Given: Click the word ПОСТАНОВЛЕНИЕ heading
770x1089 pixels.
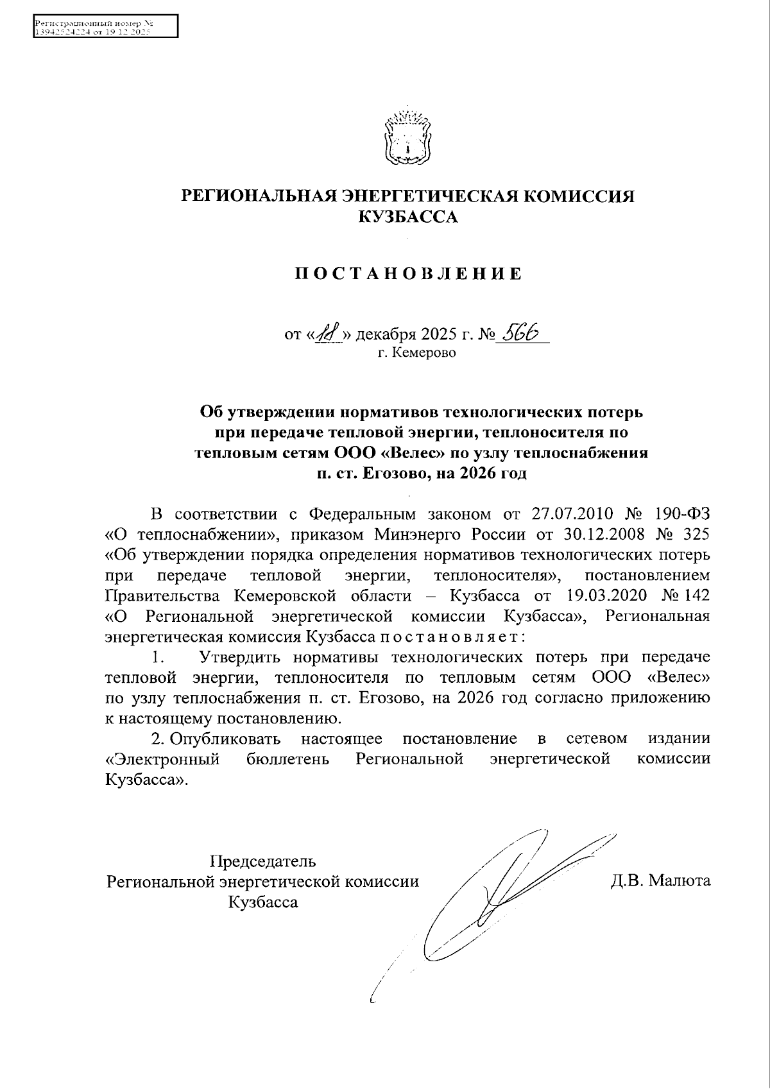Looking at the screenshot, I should coord(409,275).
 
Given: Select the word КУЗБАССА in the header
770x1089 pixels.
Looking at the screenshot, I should coord(408,218).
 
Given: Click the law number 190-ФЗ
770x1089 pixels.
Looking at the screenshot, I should coord(683,514).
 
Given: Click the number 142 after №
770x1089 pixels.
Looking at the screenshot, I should coord(697,596).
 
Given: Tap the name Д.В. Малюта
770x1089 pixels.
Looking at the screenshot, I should coord(661,880).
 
